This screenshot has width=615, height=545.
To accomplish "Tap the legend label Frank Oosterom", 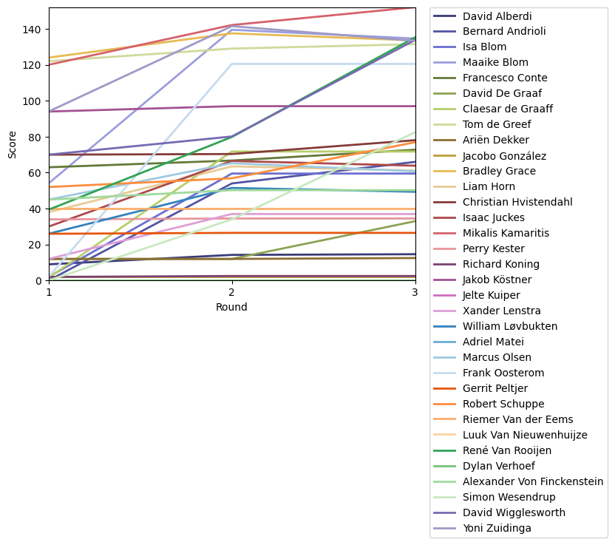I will pyautogui.click(x=499, y=373).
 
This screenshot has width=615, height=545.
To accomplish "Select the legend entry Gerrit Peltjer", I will pyautogui.click(x=495, y=388).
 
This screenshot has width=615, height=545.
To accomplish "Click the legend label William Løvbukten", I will pyautogui.click(x=510, y=326).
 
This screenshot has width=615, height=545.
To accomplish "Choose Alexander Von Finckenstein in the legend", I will pyautogui.click(x=533, y=481).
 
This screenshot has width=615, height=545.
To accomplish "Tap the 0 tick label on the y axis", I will pyautogui.click(x=39, y=281).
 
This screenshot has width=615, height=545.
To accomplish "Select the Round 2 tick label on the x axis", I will pyautogui.click(x=232, y=293).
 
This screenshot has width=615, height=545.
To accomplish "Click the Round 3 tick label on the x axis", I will pyautogui.click(x=415, y=293).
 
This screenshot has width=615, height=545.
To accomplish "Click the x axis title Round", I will pyautogui.click(x=232, y=307).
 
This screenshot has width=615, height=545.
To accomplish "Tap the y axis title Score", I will pyautogui.click(x=12, y=144).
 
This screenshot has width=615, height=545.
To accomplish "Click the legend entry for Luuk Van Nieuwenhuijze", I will pyautogui.click(x=525, y=435).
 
